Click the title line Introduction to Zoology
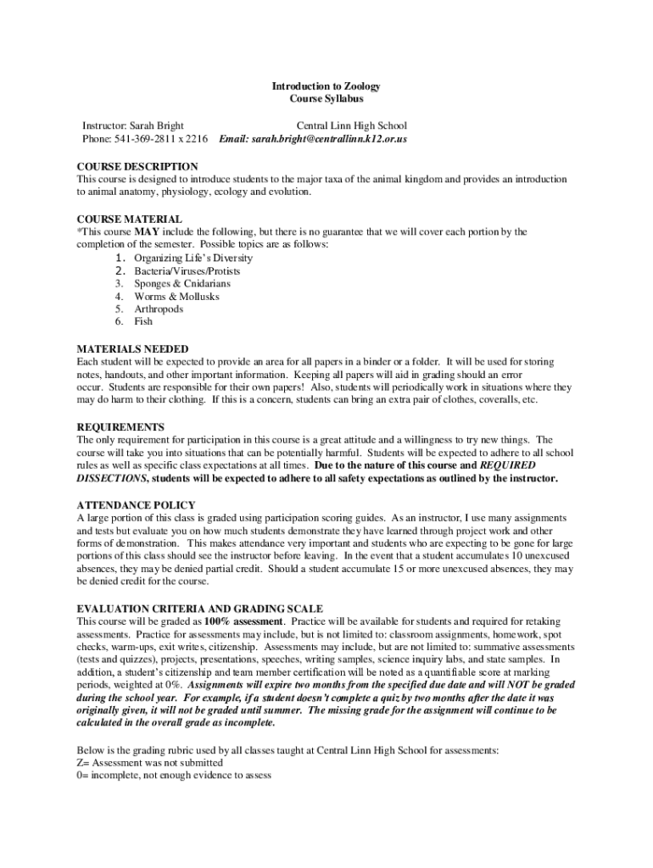click(326, 86)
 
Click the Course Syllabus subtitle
click(326, 99)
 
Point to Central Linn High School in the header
click(351, 125)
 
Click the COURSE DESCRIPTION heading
click(137, 167)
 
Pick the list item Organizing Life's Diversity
click(193, 258)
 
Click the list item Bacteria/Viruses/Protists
click(187, 271)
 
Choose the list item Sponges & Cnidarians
click(181, 284)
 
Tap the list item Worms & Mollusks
click(176, 297)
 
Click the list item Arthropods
click(159, 309)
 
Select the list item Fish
click(144, 322)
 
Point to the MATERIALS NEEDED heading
click(132, 349)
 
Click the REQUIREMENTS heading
click(120, 427)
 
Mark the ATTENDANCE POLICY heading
click(137, 505)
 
